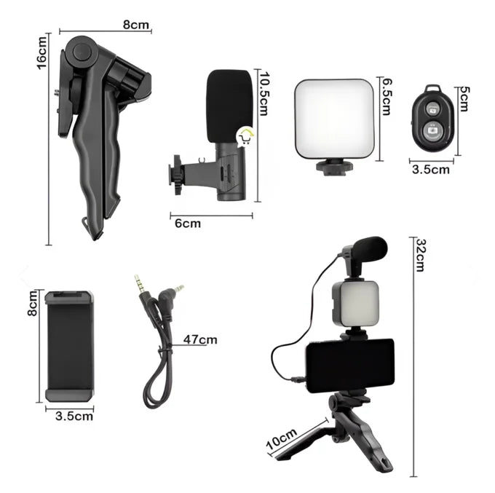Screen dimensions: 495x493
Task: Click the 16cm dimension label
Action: point(41,52)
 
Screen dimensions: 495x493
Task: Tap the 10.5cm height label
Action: point(264,94)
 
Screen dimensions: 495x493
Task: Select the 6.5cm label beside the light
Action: point(387,96)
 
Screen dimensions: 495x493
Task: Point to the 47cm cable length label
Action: point(200,339)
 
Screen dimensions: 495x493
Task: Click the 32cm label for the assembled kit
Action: point(421,255)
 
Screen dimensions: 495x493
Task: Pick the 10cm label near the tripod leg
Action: point(282,438)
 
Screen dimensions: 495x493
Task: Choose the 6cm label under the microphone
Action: point(188,224)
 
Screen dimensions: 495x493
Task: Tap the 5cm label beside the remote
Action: point(464,99)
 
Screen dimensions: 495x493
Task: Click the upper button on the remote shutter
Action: point(432,109)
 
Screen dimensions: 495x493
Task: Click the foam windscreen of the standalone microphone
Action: point(229,106)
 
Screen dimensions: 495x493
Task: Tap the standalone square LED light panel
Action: point(334,119)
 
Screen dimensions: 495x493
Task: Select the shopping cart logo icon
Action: point(245,136)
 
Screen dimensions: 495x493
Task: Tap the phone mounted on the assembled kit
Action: point(350,366)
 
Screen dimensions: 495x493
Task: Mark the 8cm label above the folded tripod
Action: point(135,25)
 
